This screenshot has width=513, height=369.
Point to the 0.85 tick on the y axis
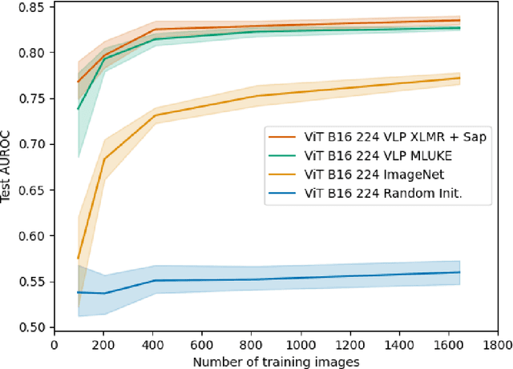pyautogui.click(x=32, y=7)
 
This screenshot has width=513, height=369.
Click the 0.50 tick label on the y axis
pyautogui.click(x=32, y=327)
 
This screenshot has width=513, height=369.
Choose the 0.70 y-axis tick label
pyautogui.click(x=32, y=144)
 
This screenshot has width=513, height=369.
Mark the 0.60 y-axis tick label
pyautogui.click(x=32, y=236)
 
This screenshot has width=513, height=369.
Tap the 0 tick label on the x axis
pyautogui.click(x=54, y=346)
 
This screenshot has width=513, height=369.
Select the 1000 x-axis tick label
pyautogui.click(x=300, y=346)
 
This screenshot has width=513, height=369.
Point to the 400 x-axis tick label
pyautogui.click(x=152, y=346)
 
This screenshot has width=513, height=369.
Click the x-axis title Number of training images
pyautogui.click(x=275, y=361)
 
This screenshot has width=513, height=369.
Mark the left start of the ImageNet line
pyautogui.click(x=78, y=259)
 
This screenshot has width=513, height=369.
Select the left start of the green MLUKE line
pyautogui.click(x=78, y=109)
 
